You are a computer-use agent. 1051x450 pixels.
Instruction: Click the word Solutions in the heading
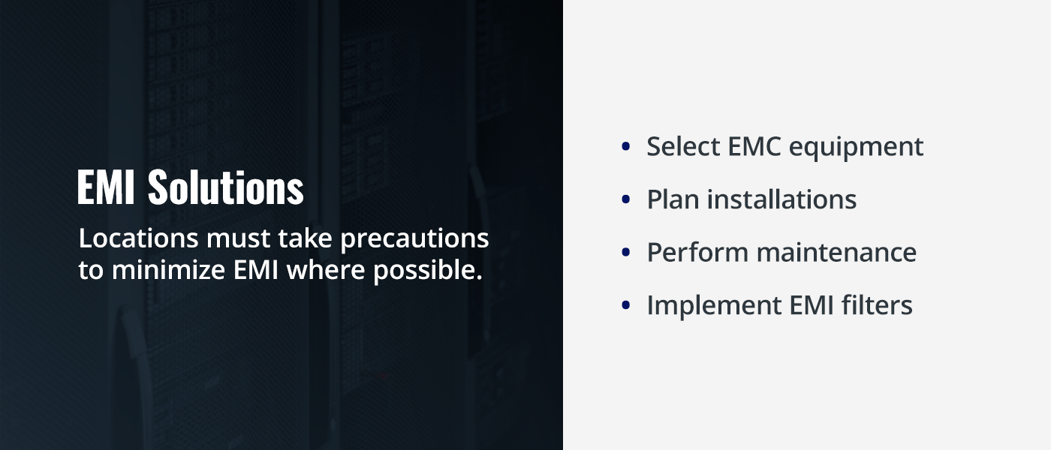[226, 187]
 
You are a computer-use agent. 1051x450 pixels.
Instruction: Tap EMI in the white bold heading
[106, 187]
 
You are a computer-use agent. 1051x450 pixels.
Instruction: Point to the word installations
[782, 199]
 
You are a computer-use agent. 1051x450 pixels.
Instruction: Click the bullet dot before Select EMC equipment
[625, 147]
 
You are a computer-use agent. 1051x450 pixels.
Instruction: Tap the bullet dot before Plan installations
[625, 200]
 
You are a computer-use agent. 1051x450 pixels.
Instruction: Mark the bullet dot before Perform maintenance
[625, 253]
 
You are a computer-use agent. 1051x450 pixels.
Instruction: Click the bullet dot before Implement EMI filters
[625, 305]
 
